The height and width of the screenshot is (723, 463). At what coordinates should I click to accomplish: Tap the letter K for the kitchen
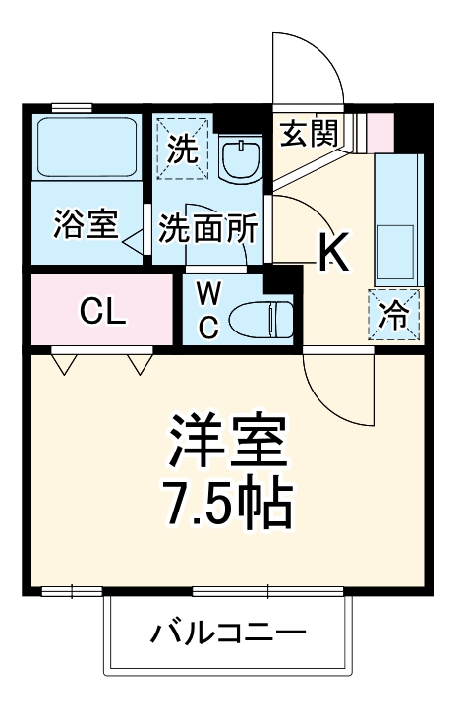(333, 253)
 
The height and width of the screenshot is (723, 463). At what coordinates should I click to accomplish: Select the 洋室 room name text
(227, 446)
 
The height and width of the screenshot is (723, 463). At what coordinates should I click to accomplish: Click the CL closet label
(102, 312)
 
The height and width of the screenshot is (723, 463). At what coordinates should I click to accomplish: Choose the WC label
(209, 310)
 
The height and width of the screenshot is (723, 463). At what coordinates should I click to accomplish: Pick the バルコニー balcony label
(227, 633)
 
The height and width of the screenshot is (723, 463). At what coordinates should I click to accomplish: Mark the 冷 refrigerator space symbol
(394, 316)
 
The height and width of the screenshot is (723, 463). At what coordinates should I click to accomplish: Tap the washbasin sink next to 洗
(239, 155)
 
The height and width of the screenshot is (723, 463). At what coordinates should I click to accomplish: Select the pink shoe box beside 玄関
(379, 129)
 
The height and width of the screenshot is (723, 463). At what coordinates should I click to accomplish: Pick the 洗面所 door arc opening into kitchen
(300, 221)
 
